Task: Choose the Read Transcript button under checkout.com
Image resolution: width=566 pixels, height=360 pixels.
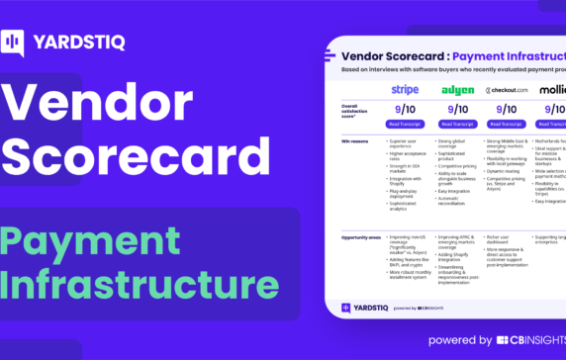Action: click(x=508, y=125)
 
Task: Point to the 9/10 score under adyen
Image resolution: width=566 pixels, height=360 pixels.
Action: click(x=457, y=109)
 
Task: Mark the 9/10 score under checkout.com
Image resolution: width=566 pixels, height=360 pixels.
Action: click(x=508, y=109)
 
